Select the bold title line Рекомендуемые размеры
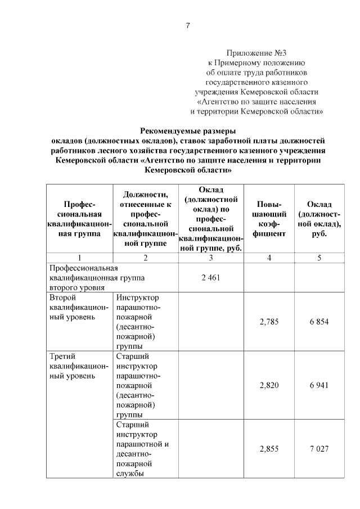187,130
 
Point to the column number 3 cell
210,258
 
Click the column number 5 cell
319,258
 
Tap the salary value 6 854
319,321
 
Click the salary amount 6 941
319,385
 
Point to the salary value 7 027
319,449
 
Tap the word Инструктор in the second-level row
137,297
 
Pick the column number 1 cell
79,258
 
